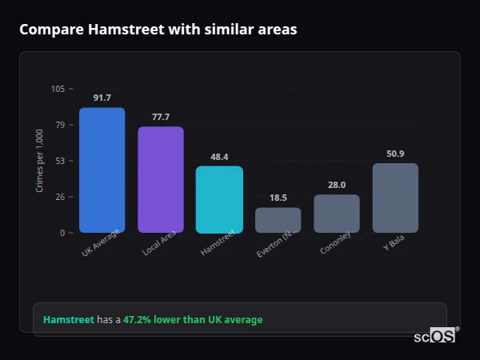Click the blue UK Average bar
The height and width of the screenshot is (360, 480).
[102, 170]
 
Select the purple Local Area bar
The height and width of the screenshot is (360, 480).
[161, 179]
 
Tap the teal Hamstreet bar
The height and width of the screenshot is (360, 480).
[219, 199]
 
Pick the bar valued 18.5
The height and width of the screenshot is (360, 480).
[278, 220]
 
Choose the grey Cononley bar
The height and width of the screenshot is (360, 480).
[336, 214]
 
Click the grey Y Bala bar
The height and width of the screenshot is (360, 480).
[395, 198]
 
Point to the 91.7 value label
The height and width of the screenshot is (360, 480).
[102, 98]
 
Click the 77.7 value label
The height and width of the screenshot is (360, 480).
[161, 117]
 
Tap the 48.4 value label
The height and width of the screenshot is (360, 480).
[219, 157]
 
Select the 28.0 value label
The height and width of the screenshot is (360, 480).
[336, 185]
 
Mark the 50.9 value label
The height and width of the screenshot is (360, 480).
[395, 154]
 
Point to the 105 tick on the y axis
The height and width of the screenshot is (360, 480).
[58, 89]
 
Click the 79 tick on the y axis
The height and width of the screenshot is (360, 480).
[60, 125]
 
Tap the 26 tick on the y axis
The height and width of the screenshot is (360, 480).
[60, 197]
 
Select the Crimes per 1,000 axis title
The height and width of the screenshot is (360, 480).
[40, 161]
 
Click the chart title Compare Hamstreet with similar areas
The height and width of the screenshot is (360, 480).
[158, 30]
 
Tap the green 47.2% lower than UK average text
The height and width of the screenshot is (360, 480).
[192, 319]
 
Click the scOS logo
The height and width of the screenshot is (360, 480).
[434, 336]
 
